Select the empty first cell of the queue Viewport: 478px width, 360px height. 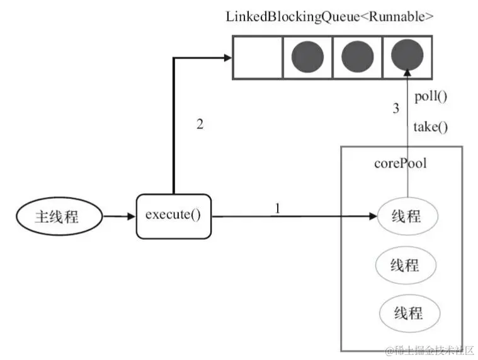pyautogui.click(x=257, y=57)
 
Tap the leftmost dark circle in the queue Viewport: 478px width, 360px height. pyautogui.click(x=307, y=57)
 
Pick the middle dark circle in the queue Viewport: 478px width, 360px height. pyautogui.click(x=357, y=57)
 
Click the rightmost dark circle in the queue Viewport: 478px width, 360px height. pyautogui.click(x=407, y=57)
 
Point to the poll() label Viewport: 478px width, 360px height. pyautogui.click(x=431, y=97)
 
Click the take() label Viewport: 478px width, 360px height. pyautogui.click(x=431, y=127)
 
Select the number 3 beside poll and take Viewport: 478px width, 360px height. pyautogui.click(x=396, y=108)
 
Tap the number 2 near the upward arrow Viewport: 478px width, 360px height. pyautogui.click(x=200, y=123)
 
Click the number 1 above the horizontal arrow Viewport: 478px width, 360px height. pyautogui.click(x=276, y=207)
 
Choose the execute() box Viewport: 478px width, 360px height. pyautogui.click(x=173, y=216)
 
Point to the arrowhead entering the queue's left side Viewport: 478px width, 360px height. pyautogui.click(x=227, y=58)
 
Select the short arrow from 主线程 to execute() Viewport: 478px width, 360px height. pyautogui.click(x=119, y=216)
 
